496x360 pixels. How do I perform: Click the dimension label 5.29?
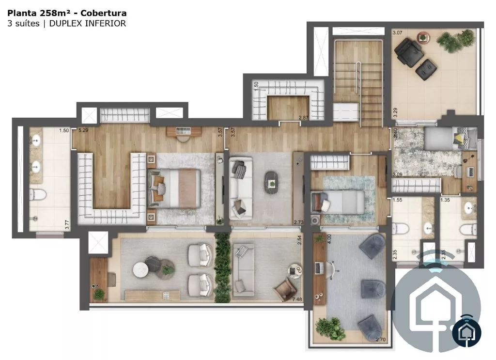[x=83, y=130]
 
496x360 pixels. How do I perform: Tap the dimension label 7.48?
[x=297, y=299]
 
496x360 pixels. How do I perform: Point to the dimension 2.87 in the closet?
[x=303, y=118]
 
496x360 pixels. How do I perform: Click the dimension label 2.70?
[x=381, y=340]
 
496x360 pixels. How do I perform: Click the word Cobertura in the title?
[x=104, y=13]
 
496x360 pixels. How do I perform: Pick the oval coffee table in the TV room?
[x=272, y=183]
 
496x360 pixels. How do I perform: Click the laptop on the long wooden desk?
[x=319, y=268]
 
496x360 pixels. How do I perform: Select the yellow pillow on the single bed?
[x=460, y=139]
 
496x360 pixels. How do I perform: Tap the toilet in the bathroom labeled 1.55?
[x=400, y=228]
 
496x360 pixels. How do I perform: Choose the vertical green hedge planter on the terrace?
[x=222, y=268]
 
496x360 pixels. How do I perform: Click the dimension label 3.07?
[x=398, y=32]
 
